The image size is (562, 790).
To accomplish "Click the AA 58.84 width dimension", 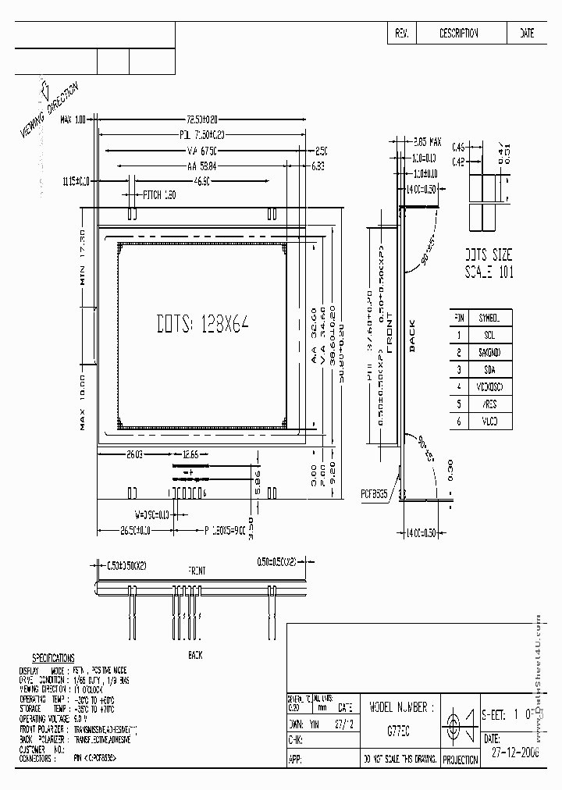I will tap(201, 165).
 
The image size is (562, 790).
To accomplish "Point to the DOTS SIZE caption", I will tap(489, 255).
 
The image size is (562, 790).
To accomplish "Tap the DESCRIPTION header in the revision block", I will tap(459, 34).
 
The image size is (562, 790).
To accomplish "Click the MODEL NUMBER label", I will tap(399, 707).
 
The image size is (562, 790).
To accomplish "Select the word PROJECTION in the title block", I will tap(460, 760).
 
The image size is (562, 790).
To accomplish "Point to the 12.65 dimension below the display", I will tap(190, 454).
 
